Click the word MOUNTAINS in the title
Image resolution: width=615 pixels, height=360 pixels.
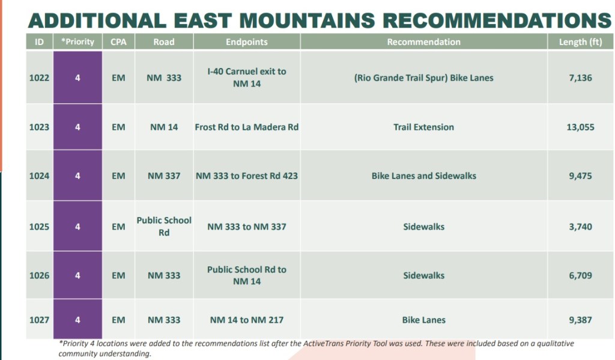[307, 20]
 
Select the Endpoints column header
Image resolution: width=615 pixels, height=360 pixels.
[247, 42]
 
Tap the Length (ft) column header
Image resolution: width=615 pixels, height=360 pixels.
[581, 42]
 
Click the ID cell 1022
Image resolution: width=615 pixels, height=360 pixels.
[39, 78]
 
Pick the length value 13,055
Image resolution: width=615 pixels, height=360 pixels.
[581, 127]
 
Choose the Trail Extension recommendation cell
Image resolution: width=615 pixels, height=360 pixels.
[423, 127]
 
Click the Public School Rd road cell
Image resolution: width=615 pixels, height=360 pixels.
[164, 227]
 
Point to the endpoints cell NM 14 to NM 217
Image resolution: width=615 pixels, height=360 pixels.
[247, 320]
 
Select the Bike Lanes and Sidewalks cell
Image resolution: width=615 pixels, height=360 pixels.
[424, 176]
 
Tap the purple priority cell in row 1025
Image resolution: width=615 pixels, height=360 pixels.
[77, 227]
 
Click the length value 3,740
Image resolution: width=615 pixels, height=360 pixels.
[581, 227]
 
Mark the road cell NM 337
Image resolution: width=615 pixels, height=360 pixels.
[164, 176]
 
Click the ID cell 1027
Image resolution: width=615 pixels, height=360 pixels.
[39, 320]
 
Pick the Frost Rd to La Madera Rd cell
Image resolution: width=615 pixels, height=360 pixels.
[247, 127]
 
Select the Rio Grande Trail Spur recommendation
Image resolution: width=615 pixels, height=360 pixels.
[423, 78]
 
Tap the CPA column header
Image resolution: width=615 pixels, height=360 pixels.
[118, 42]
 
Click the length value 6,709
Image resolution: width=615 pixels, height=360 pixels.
[581, 276]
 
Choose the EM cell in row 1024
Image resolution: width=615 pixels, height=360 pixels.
[118, 176]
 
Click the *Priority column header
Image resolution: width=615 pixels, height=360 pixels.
[77, 42]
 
